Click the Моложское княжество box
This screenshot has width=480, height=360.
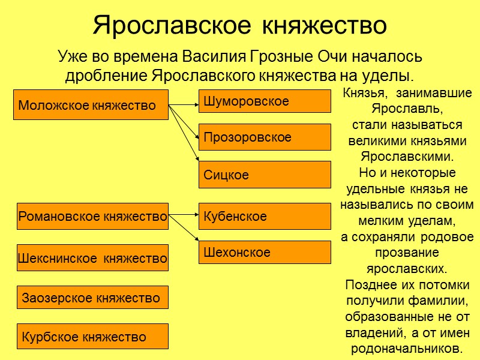pos(91,105)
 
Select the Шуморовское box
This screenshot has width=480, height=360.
pos(265,101)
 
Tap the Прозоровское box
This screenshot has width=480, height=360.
pos(265,137)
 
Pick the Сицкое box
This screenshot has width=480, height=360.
pos(265,175)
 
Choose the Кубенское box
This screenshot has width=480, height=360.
pos(265,216)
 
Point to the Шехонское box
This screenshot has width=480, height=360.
pos(265,252)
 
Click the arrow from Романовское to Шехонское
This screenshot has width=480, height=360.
pos(184,229)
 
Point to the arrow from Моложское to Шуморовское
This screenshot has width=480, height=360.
pos(184,105)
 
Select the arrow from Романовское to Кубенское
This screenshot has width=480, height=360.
pos(184,215)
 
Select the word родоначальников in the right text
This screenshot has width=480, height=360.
pos(407,348)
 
